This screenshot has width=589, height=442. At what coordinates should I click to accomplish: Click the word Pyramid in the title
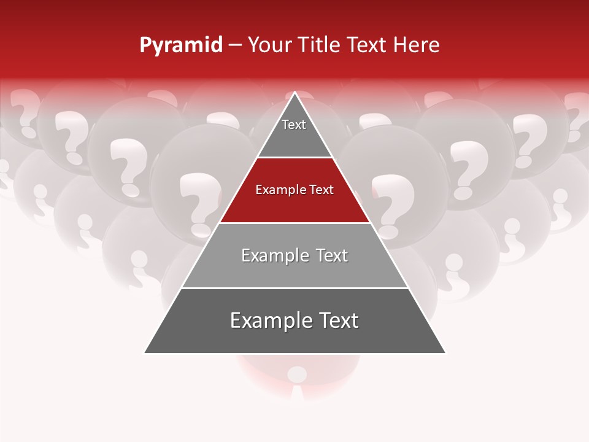pos(181,45)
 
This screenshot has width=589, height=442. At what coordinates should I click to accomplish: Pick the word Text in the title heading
pos(367,45)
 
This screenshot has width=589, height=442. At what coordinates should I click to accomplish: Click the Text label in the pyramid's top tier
pos(294,125)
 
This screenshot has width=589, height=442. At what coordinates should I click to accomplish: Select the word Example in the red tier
pos(279,190)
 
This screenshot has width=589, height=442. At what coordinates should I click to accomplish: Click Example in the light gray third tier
pos(274,255)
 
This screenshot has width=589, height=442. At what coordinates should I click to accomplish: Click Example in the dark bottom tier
pos(271,320)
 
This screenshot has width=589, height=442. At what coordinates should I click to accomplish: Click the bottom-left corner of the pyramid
pos(145,352)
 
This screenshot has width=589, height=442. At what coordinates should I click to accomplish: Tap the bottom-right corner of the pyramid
pos(445,352)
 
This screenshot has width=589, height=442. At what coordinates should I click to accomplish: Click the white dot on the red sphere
pos(298,374)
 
